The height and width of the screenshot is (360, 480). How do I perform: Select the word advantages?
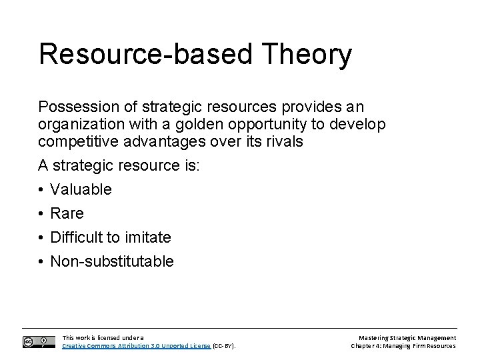pos(163,141)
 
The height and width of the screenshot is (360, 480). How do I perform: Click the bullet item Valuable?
pos(81,189)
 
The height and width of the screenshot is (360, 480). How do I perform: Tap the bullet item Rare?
pos(67,213)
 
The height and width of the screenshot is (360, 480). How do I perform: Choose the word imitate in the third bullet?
pos(147,237)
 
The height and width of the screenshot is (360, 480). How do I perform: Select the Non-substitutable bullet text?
pos(111,261)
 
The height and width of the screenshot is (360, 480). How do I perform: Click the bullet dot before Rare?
pos(42,213)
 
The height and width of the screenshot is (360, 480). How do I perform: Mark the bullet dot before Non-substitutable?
pos(42,261)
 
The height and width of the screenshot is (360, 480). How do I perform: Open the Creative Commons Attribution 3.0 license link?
pos(137,346)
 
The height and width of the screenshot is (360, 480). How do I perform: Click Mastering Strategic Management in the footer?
pos(407,338)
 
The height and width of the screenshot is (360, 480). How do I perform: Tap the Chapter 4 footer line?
pos(403,346)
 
